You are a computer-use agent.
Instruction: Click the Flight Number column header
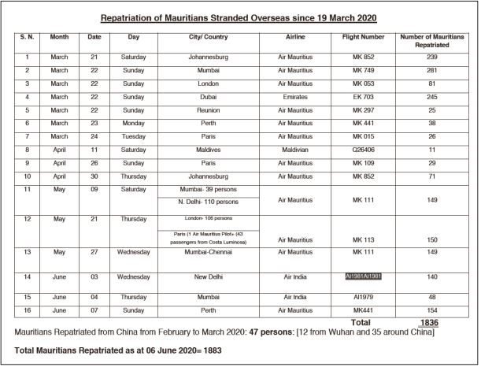(363, 37)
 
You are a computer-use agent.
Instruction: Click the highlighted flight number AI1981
(363, 276)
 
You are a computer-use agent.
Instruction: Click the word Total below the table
(361, 322)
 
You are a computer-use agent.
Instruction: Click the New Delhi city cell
(214, 277)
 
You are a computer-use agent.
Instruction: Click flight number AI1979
(363, 297)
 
